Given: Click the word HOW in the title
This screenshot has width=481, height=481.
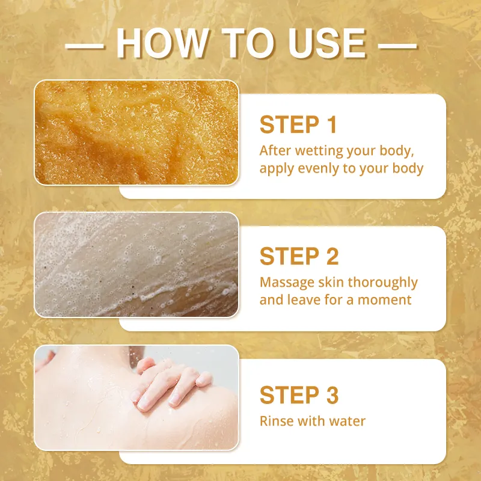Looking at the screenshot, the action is pyautogui.click(x=162, y=43).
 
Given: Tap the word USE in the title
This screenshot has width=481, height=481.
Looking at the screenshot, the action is pyautogui.click(x=327, y=43).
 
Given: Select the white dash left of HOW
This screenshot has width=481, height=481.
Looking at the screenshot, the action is pyautogui.click(x=85, y=46).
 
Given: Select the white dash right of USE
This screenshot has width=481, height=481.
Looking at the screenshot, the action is pyautogui.click(x=397, y=46).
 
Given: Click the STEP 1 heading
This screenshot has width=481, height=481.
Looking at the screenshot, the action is pyautogui.click(x=298, y=124).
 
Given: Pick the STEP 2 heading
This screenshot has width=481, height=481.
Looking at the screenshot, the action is pyautogui.click(x=299, y=256).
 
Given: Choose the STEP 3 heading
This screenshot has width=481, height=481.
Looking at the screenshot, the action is pyautogui.click(x=299, y=395).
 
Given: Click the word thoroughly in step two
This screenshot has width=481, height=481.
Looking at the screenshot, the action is pyautogui.click(x=383, y=283).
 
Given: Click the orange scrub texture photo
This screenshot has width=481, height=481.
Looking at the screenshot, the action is pyautogui.click(x=136, y=132).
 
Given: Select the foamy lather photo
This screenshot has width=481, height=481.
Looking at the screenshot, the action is pyautogui.click(x=136, y=265).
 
